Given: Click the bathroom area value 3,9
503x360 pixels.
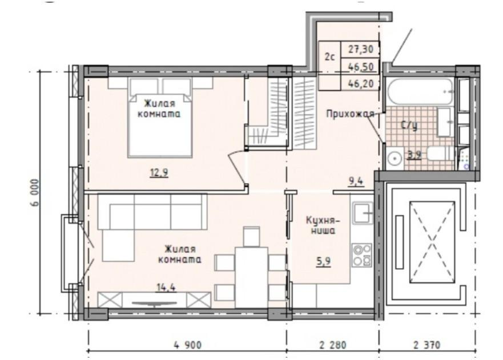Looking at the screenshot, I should point(414,153).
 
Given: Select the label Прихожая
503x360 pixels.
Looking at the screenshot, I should point(349,114).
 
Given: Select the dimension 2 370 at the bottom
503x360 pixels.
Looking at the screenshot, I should point(427,345).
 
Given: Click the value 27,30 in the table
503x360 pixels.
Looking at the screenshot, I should point(361,50).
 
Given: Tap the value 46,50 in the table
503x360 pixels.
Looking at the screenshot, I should point(361,66).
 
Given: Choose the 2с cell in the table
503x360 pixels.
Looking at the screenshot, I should point(329,57).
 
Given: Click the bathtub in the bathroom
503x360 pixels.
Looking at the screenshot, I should point(420,92).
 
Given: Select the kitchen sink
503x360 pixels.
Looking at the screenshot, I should point(362,213).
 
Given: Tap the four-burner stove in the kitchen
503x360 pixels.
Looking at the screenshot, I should point(361,254).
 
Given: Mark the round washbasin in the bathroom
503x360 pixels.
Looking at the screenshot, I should point(395,159).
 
